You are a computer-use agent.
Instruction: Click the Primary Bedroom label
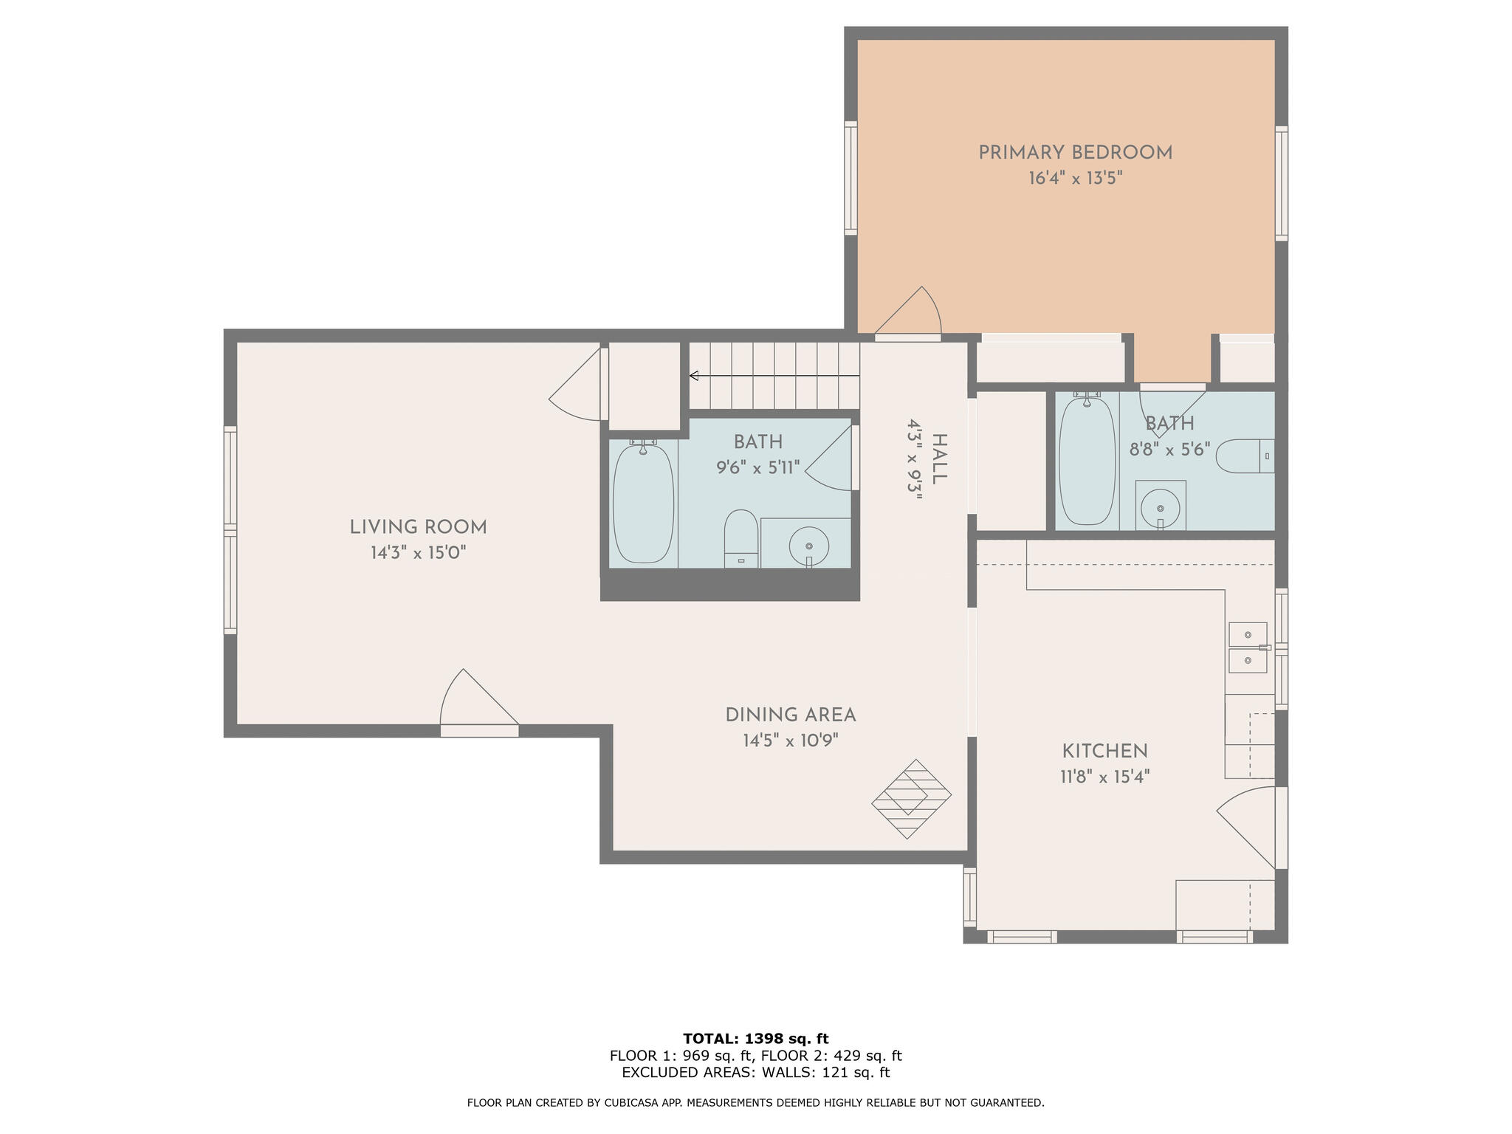(1075, 153)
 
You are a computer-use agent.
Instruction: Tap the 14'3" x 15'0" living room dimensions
(418, 553)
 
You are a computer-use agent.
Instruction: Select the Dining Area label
(790, 715)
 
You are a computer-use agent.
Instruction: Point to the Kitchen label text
(1104, 752)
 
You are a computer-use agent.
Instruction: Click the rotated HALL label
(938, 459)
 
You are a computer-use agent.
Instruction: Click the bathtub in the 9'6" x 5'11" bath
(643, 504)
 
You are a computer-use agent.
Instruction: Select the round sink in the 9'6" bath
(808, 546)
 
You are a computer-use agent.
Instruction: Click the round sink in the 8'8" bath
(1160, 509)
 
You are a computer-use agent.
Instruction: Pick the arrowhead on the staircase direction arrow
(694, 376)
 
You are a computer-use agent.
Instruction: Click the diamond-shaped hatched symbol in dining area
(911, 799)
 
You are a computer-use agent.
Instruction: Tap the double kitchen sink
(1248, 647)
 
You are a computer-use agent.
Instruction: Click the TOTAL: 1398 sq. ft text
(755, 1039)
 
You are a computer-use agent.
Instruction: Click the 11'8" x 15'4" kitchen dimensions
(1104, 777)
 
